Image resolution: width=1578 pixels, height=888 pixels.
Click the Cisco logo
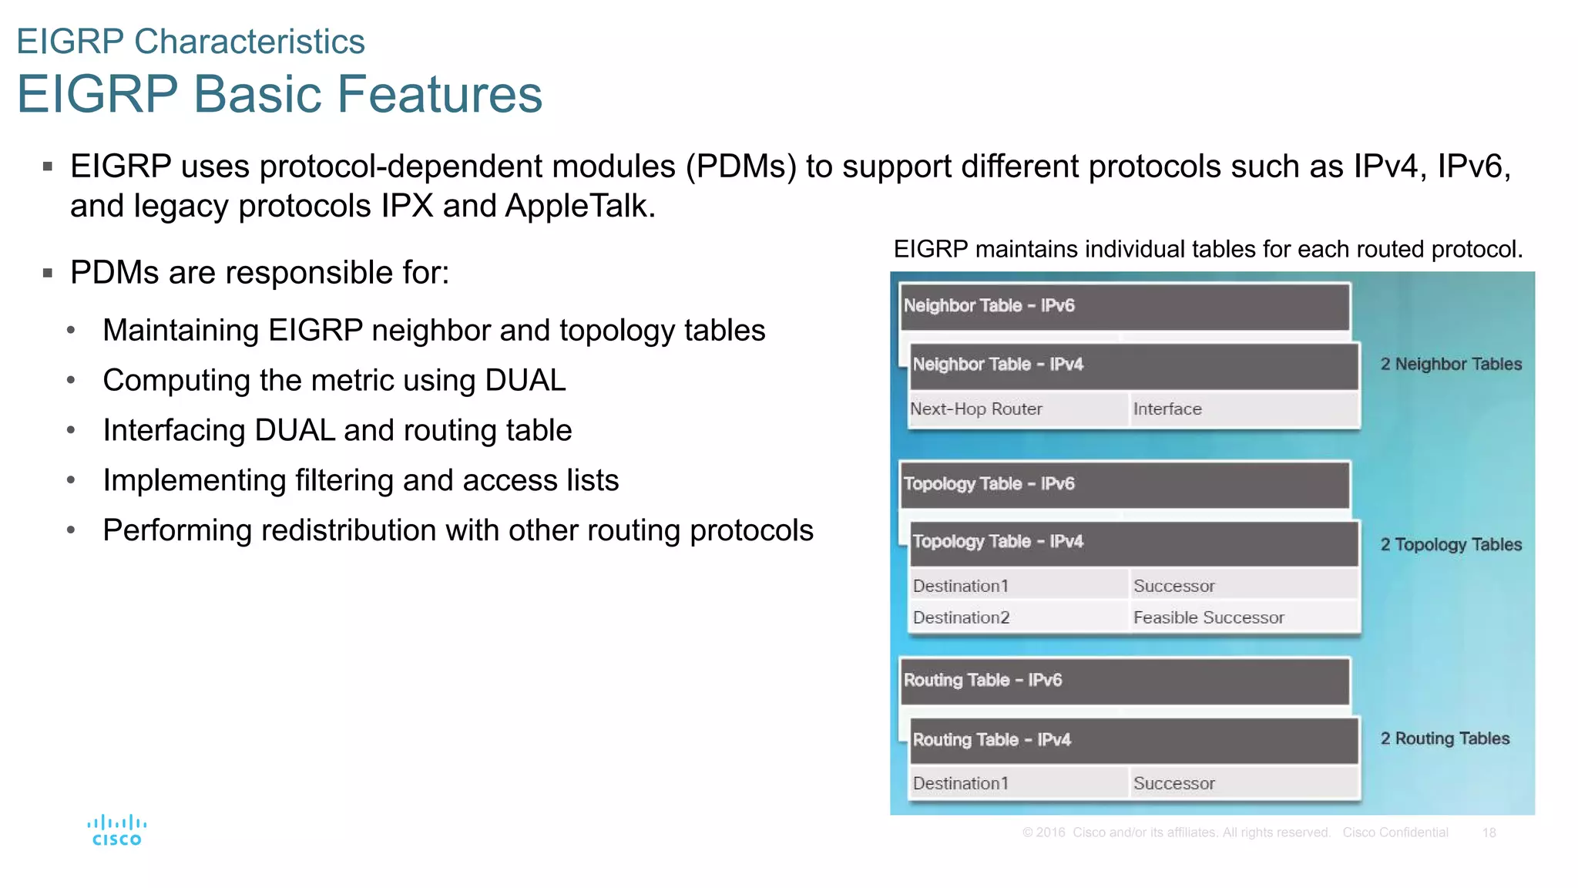[x=116, y=830]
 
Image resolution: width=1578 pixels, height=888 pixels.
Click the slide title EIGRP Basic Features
[x=280, y=94]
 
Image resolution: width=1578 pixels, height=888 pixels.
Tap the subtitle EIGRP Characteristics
[x=190, y=42]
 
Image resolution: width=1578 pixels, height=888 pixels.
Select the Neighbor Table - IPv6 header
[x=1124, y=306]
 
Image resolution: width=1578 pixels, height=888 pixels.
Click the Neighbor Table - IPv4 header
[x=1133, y=365]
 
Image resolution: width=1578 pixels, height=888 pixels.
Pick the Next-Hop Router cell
[x=1017, y=409]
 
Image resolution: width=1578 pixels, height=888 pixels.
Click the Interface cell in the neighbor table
[x=1242, y=409]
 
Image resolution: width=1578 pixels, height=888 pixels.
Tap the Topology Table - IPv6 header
[x=1124, y=484]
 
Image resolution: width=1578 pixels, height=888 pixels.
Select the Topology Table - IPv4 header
[x=1133, y=542]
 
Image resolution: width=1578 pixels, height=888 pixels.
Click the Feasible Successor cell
[x=1242, y=617]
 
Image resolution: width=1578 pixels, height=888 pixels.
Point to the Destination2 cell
[x=1017, y=617]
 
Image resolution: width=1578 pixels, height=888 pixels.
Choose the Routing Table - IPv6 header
[x=1124, y=681]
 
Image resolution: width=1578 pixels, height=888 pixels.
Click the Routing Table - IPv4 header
[x=1133, y=740]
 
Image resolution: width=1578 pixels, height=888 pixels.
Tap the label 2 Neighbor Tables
[x=1451, y=365]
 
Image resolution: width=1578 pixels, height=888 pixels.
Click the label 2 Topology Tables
[x=1451, y=545]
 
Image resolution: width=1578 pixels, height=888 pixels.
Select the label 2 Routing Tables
[x=1445, y=738]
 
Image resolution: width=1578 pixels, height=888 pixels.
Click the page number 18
[x=1489, y=832]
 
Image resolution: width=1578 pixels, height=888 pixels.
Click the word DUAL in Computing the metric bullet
[x=525, y=381]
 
